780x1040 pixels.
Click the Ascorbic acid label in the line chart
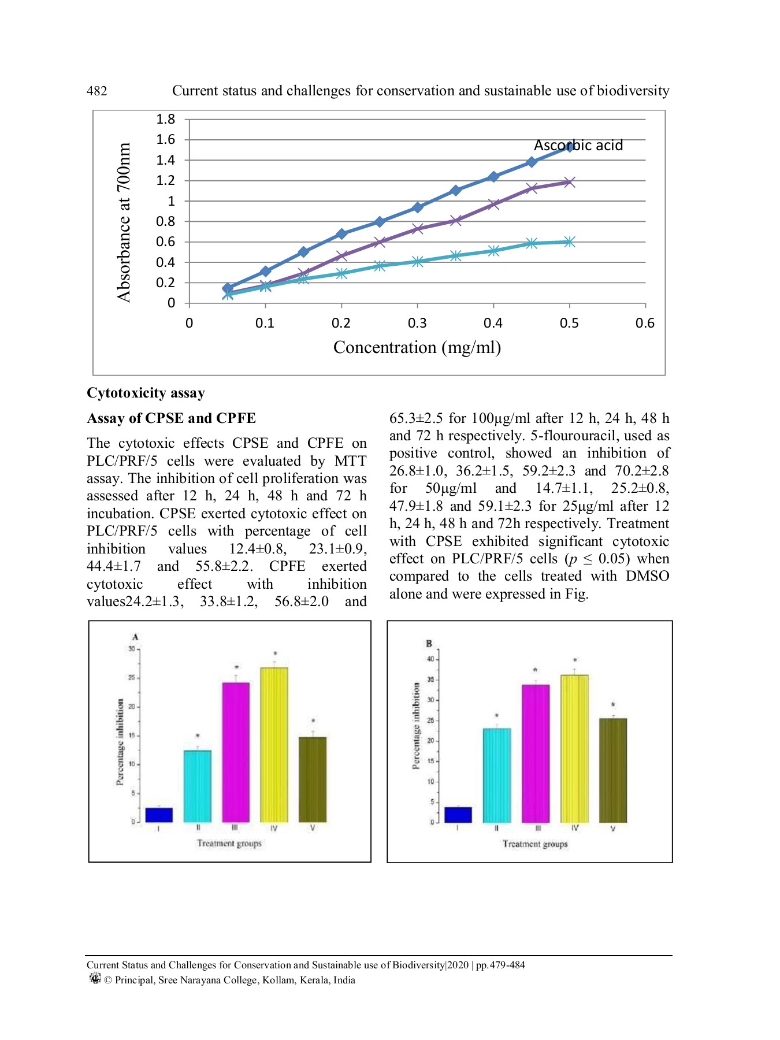click(x=578, y=145)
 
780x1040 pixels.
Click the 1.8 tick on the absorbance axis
click(x=165, y=120)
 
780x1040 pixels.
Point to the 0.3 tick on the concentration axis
click(x=417, y=323)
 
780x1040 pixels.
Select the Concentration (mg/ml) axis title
click(x=417, y=347)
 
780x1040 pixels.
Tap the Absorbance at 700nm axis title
click(x=124, y=222)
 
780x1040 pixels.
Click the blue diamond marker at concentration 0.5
click(x=569, y=147)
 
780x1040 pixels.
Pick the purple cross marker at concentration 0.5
click(x=569, y=183)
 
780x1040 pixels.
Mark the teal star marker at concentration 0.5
click(x=569, y=242)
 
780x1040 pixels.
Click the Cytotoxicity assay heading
click(x=146, y=393)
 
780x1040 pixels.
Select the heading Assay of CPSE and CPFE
click(x=171, y=418)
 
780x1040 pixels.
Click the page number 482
click(x=96, y=91)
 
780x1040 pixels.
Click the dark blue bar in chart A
click(x=159, y=815)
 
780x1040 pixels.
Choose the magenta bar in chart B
click(x=536, y=753)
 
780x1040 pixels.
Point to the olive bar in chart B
click(x=613, y=770)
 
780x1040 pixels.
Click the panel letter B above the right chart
click(x=429, y=644)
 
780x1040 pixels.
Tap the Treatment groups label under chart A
click(x=229, y=844)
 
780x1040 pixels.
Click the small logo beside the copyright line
click(x=95, y=978)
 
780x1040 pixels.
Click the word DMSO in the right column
click(x=647, y=576)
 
